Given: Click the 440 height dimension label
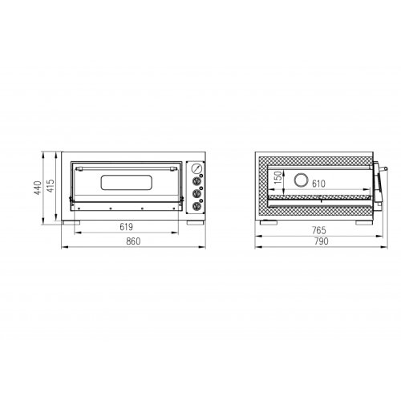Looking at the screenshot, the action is (38, 188).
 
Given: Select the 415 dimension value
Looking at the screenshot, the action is (51, 186).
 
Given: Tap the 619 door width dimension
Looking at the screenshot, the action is (126, 227).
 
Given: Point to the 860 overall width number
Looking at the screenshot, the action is (133, 241).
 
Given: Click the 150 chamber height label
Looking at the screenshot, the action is (278, 177).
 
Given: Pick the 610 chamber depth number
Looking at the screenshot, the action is (318, 184).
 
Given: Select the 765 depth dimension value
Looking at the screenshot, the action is (319, 230).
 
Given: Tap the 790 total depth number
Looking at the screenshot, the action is (321, 241).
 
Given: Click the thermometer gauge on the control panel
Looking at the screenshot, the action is (196, 168).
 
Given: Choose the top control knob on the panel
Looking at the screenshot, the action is (196, 181).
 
